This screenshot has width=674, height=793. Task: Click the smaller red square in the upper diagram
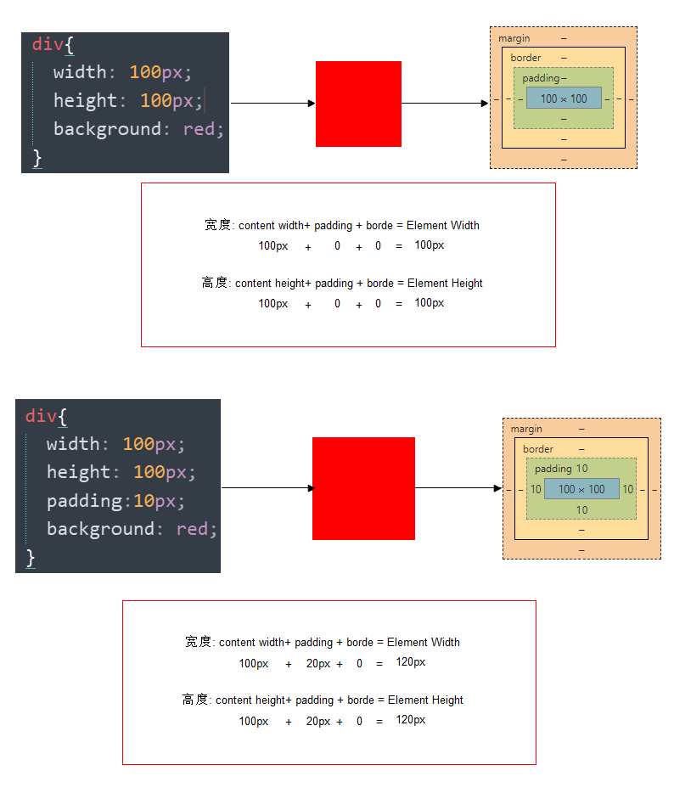pos(358,104)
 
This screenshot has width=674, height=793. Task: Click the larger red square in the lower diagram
pos(363,488)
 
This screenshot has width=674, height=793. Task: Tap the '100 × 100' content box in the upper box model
pos(564,98)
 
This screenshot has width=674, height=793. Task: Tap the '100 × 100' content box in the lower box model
pos(581,489)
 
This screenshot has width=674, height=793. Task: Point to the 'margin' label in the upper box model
pos(514,38)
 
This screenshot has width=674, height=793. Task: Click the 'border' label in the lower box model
pos(537,449)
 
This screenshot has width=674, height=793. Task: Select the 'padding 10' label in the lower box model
pos(561,469)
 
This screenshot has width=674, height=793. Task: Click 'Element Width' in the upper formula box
pos(443,225)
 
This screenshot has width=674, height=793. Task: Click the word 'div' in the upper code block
pos(47,43)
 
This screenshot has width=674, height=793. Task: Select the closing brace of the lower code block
pos(31,557)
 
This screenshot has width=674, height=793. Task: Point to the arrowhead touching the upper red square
pos(312,104)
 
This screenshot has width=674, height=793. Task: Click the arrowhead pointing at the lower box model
pos(498,488)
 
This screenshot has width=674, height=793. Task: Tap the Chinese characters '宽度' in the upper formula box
pos(217,225)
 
